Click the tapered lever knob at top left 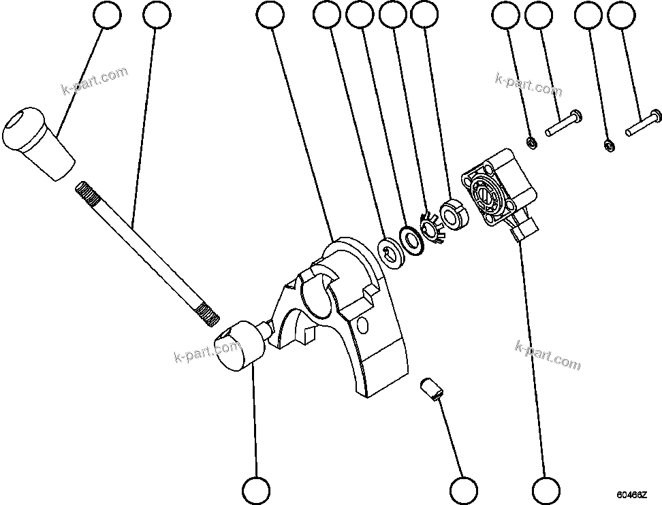[x=37, y=143]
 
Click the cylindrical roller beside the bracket [x=239, y=346]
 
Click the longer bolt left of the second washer [x=562, y=123]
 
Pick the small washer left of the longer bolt [x=530, y=142]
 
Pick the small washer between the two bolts [x=610, y=145]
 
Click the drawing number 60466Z [x=632, y=495]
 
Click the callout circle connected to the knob [x=108, y=15]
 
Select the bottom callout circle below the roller [x=257, y=489]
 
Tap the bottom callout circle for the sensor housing [x=546, y=489]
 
